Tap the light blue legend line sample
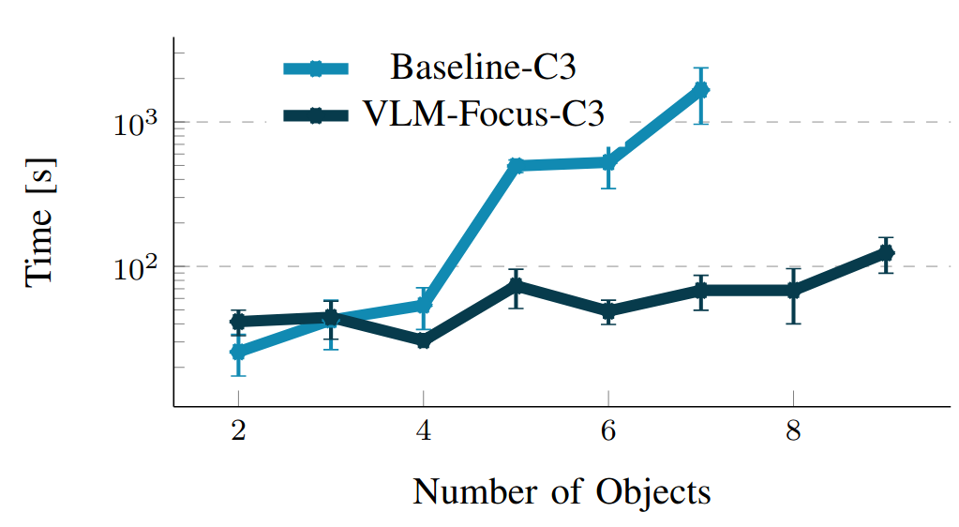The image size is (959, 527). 316,68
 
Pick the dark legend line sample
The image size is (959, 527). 316,114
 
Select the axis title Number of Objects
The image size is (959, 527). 562,491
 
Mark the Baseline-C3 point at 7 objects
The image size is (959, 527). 700,90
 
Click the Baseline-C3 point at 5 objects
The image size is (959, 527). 516,166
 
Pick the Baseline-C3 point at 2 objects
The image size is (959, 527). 238,352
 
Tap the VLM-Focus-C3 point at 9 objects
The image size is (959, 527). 885,253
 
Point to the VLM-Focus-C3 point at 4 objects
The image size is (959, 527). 423,340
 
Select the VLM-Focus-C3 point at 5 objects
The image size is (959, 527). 516,285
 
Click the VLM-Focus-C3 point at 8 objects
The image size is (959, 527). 793,291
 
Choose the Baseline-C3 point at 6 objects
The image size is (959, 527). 608,162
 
